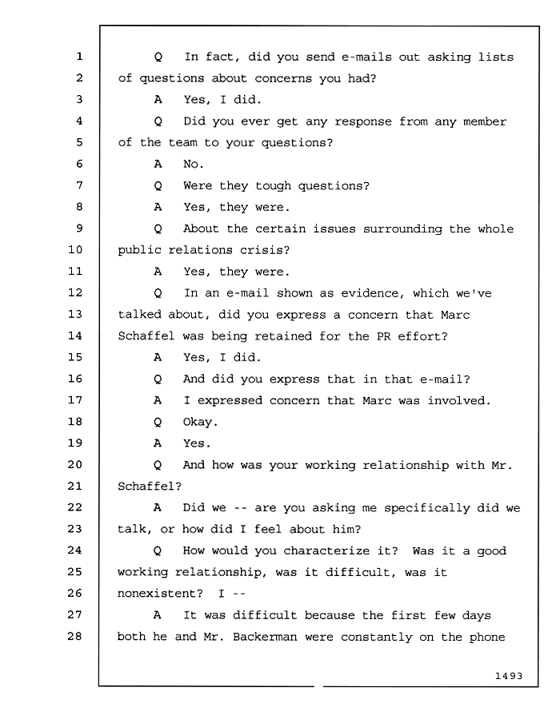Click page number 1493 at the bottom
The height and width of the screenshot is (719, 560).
click(509, 675)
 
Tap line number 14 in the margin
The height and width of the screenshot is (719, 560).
click(75, 336)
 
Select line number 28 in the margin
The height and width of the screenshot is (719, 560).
click(75, 636)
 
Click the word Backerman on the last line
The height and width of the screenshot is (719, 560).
click(265, 637)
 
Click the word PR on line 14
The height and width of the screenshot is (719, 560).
click(384, 336)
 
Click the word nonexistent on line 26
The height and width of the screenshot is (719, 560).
click(160, 594)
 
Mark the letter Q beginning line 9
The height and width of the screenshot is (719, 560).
click(158, 228)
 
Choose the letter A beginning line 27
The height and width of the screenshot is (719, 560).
click(158, 615)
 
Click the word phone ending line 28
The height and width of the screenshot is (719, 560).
click(487, 638)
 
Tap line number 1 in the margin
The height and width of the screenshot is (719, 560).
click(79, 57)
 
